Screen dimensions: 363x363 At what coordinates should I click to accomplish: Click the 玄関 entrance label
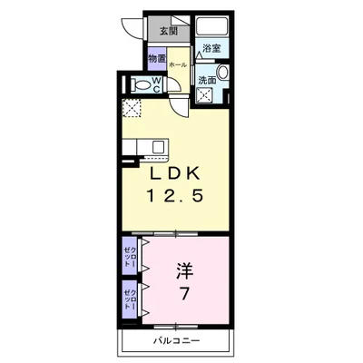coord(170,31)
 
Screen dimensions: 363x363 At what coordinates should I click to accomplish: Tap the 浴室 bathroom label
coord(212,48)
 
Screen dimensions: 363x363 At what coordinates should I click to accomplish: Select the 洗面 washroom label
coord(207,79)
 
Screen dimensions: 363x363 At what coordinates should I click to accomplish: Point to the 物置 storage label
coord(157,60)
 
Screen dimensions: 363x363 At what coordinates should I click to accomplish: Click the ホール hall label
coord(178,65)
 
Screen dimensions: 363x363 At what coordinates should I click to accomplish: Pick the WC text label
coord(156,84)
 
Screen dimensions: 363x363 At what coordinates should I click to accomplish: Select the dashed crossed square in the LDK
coord(133,109)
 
